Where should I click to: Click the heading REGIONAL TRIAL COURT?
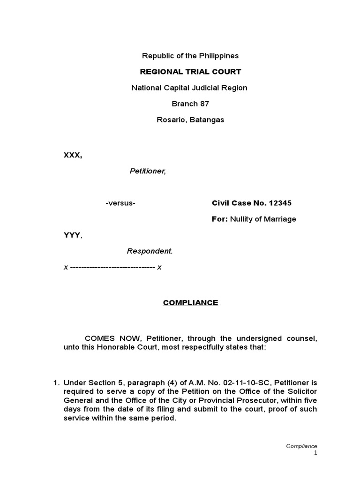coord(191,72)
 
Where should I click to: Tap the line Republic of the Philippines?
coord(191,56)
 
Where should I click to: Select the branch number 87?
coord(204,104)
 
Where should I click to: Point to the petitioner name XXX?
coord(72,155)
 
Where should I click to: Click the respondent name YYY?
coord(72,235)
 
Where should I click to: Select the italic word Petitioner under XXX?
coord(148,171)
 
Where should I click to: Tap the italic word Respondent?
coord(150,251)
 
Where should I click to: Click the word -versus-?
coord(120,203)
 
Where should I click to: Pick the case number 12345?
coord(280,203)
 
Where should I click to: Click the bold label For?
coord(220,219)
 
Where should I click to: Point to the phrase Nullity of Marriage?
coord(263,219)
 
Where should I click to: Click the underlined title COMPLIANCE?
coord(191,303)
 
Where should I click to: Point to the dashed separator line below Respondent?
coord(112,267)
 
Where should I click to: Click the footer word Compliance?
coord(302,446)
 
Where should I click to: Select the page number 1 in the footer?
coord(315,453)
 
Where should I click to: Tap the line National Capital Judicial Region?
coord(189,88)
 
